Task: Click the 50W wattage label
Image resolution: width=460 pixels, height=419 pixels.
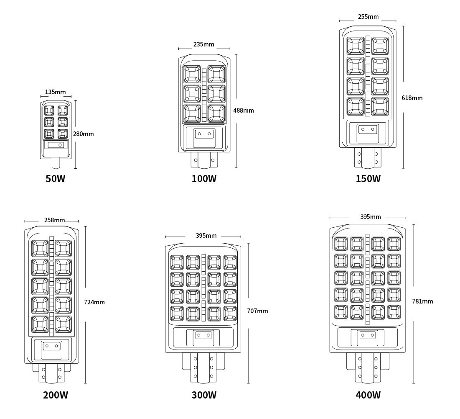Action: (x=55, y=178)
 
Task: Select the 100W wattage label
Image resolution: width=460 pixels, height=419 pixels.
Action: (x=204, y=178)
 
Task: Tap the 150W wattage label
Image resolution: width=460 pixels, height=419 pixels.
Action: (x=368, y=178)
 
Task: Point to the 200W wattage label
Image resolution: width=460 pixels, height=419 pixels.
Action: (x=56, y=395)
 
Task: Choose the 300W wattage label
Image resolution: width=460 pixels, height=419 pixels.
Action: (x=204, y=395)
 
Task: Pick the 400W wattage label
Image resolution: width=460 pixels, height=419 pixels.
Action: (x=368, y=395)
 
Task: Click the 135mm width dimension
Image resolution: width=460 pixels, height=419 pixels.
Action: (x=56, y=92)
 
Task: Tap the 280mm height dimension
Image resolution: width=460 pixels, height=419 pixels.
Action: (x=83, y=134)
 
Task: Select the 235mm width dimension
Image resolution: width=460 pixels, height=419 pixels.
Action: (x=204, y=44)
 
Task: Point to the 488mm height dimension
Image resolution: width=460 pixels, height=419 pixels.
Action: (x=244, y=111)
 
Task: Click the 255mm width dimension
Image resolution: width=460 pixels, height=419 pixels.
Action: (x=368, y=17)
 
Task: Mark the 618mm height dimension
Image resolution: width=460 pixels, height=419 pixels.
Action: (x=412, y=98)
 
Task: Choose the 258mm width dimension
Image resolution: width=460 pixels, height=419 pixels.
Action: (x=55, y=220)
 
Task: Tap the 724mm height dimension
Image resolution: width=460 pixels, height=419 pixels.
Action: (x=94, y=302)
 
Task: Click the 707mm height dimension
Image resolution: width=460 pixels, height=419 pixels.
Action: (x=258, y=311)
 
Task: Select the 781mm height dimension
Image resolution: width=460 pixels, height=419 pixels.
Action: (x=422, y=301)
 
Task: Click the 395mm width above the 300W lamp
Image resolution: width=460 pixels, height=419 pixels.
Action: (x=206, y=236)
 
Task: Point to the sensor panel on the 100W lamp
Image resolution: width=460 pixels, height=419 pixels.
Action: (x=204, y=138)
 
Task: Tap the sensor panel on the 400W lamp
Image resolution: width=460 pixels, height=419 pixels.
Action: (x=368, y=338)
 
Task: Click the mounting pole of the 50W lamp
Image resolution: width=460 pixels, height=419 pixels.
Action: (x=56, y=162)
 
